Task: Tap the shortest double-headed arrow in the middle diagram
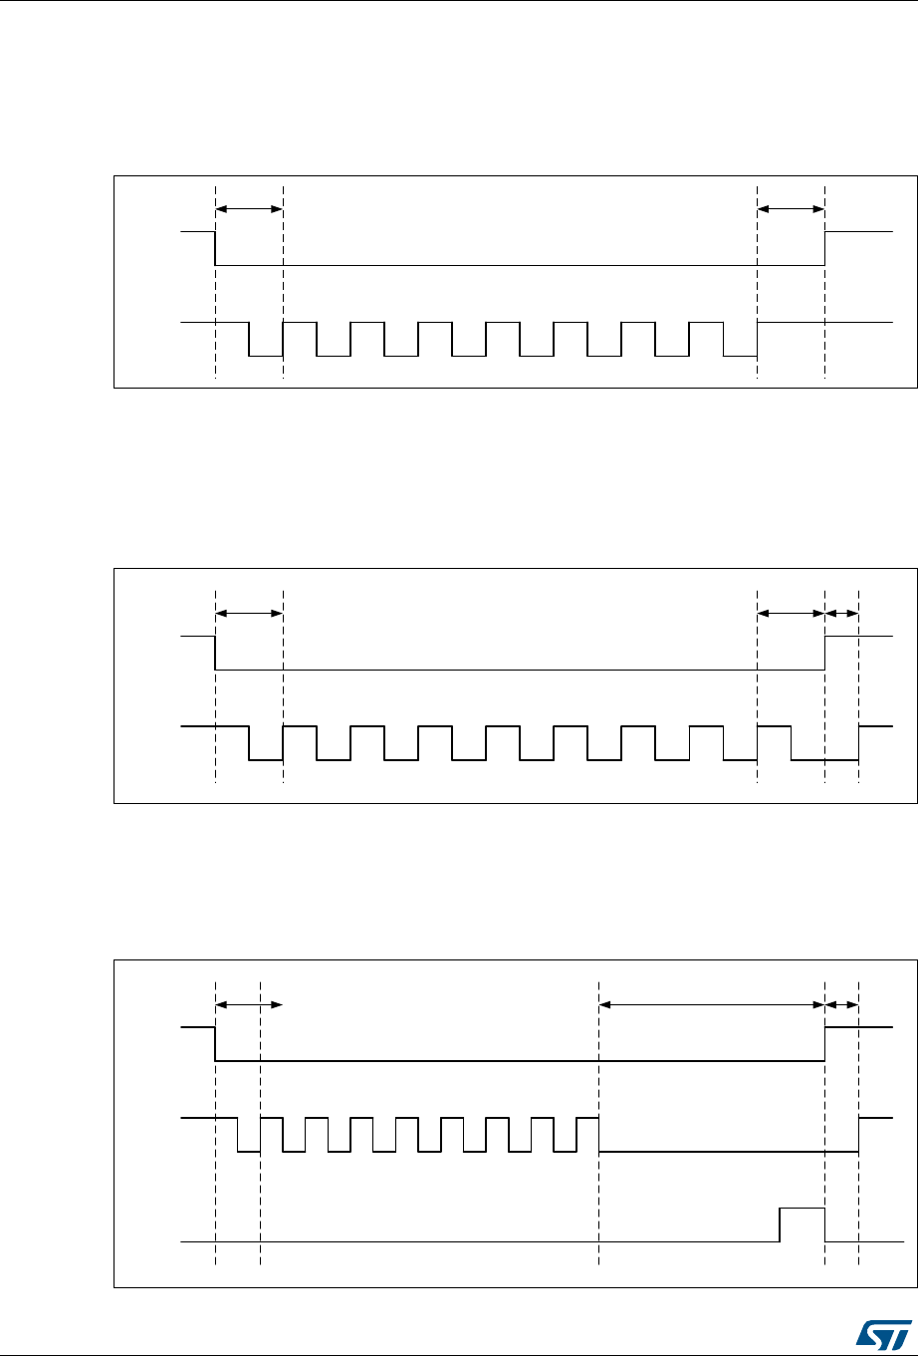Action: tap(842, 613)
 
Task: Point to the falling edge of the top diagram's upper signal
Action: tap(216, 248)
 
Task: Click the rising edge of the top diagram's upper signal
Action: tap(825, 248)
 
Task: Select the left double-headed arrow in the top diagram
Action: tap(249, 209)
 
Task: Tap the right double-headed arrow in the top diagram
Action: tap(791, 209)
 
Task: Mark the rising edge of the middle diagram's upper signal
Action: tap(825, 653)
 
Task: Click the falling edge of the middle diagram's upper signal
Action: tap(216, 653)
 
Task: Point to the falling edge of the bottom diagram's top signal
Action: tap(216, 1044)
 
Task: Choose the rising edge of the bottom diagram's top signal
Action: tap(825, 1044)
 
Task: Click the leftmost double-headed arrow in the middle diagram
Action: tap(249, 613)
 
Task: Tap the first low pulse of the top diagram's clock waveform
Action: tap(266, 355)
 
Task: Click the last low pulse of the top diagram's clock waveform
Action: tap(740, 355)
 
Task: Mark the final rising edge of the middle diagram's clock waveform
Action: tap(859, 743)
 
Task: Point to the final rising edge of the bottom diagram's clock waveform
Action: tap(859, 1135)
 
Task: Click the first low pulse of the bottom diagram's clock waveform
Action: tap(249, 1151)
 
